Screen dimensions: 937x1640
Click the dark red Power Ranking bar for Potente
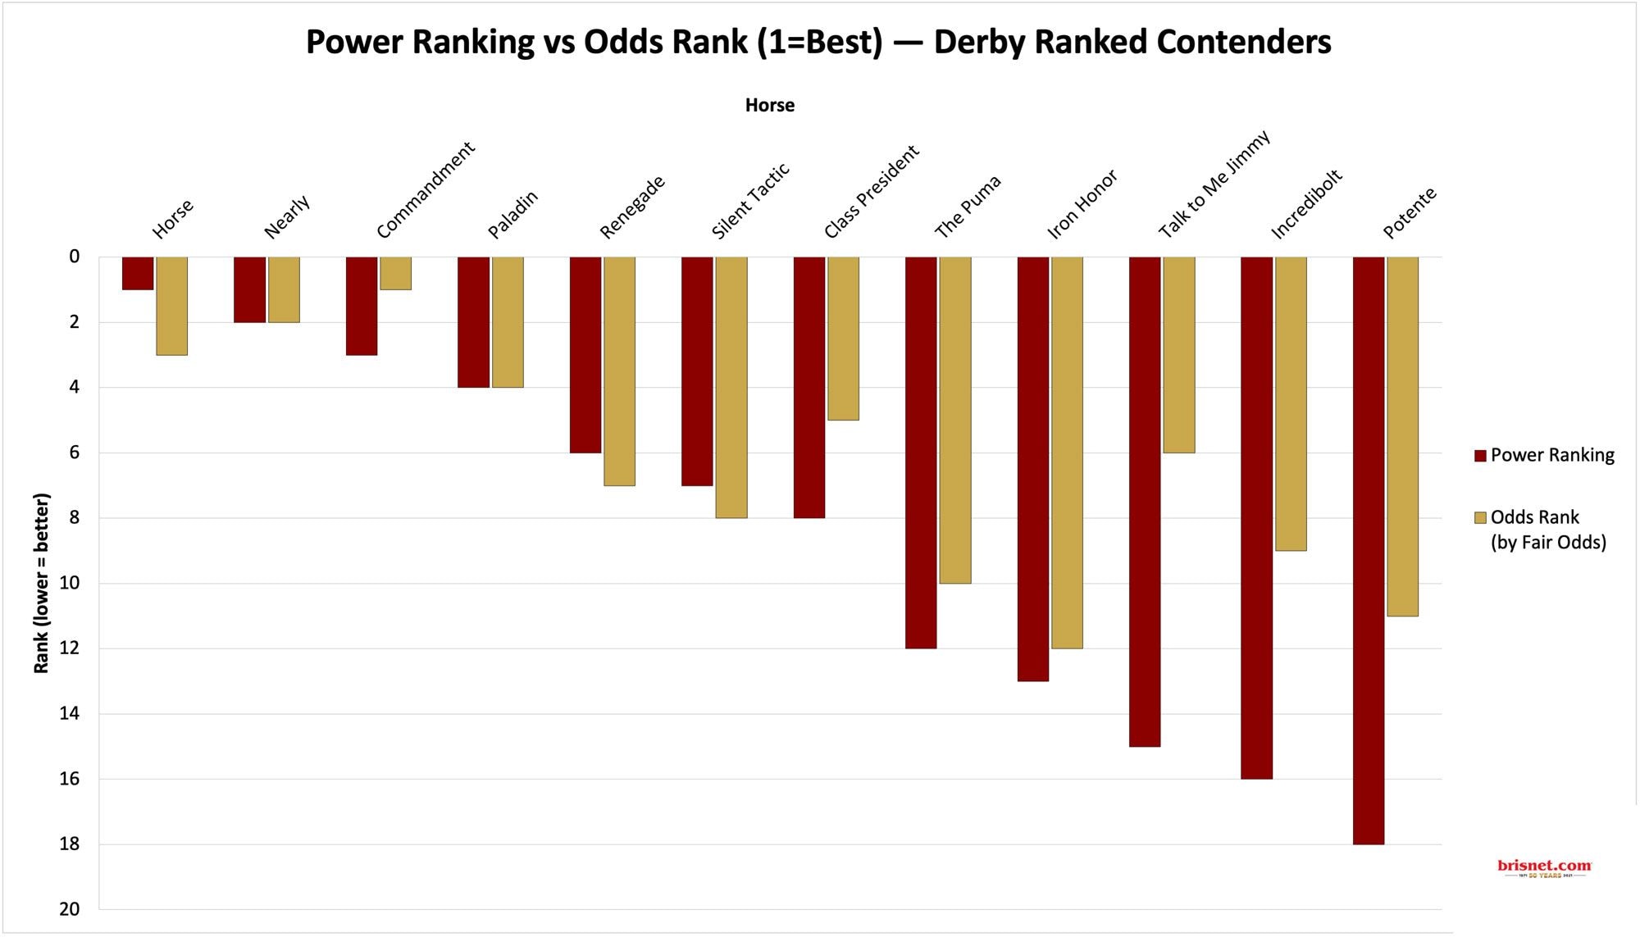click(1368, 549)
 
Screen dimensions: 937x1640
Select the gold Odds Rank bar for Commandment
click(395, 273)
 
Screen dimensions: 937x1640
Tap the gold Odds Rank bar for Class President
click(843, 338)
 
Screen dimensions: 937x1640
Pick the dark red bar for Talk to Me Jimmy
click(1144, 501)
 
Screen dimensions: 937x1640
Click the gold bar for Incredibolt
click(1290, 403)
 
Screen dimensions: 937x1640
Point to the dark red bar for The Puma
click(920, 453)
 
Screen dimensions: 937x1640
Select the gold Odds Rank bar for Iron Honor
click(1067, 453)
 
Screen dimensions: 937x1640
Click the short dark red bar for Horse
click(138, 273)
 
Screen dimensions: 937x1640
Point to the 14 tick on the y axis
click(70, 713)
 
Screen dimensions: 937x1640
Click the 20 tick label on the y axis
click(70, 908)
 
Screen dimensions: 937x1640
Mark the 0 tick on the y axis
click(75, 257)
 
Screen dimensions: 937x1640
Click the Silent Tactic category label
click(749, 201)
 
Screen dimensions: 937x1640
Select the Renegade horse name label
click(631, 207)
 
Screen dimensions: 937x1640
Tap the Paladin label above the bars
click(512, 214)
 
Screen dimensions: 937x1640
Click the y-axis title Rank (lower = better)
click(41, 583)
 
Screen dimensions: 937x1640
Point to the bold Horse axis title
click(769, 105)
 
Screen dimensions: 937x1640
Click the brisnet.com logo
click(1543, 867)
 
